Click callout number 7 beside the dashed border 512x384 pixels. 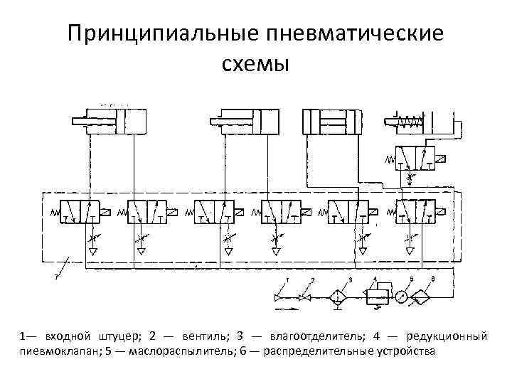point(56,277)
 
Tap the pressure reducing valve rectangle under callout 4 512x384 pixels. point(375,297)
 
